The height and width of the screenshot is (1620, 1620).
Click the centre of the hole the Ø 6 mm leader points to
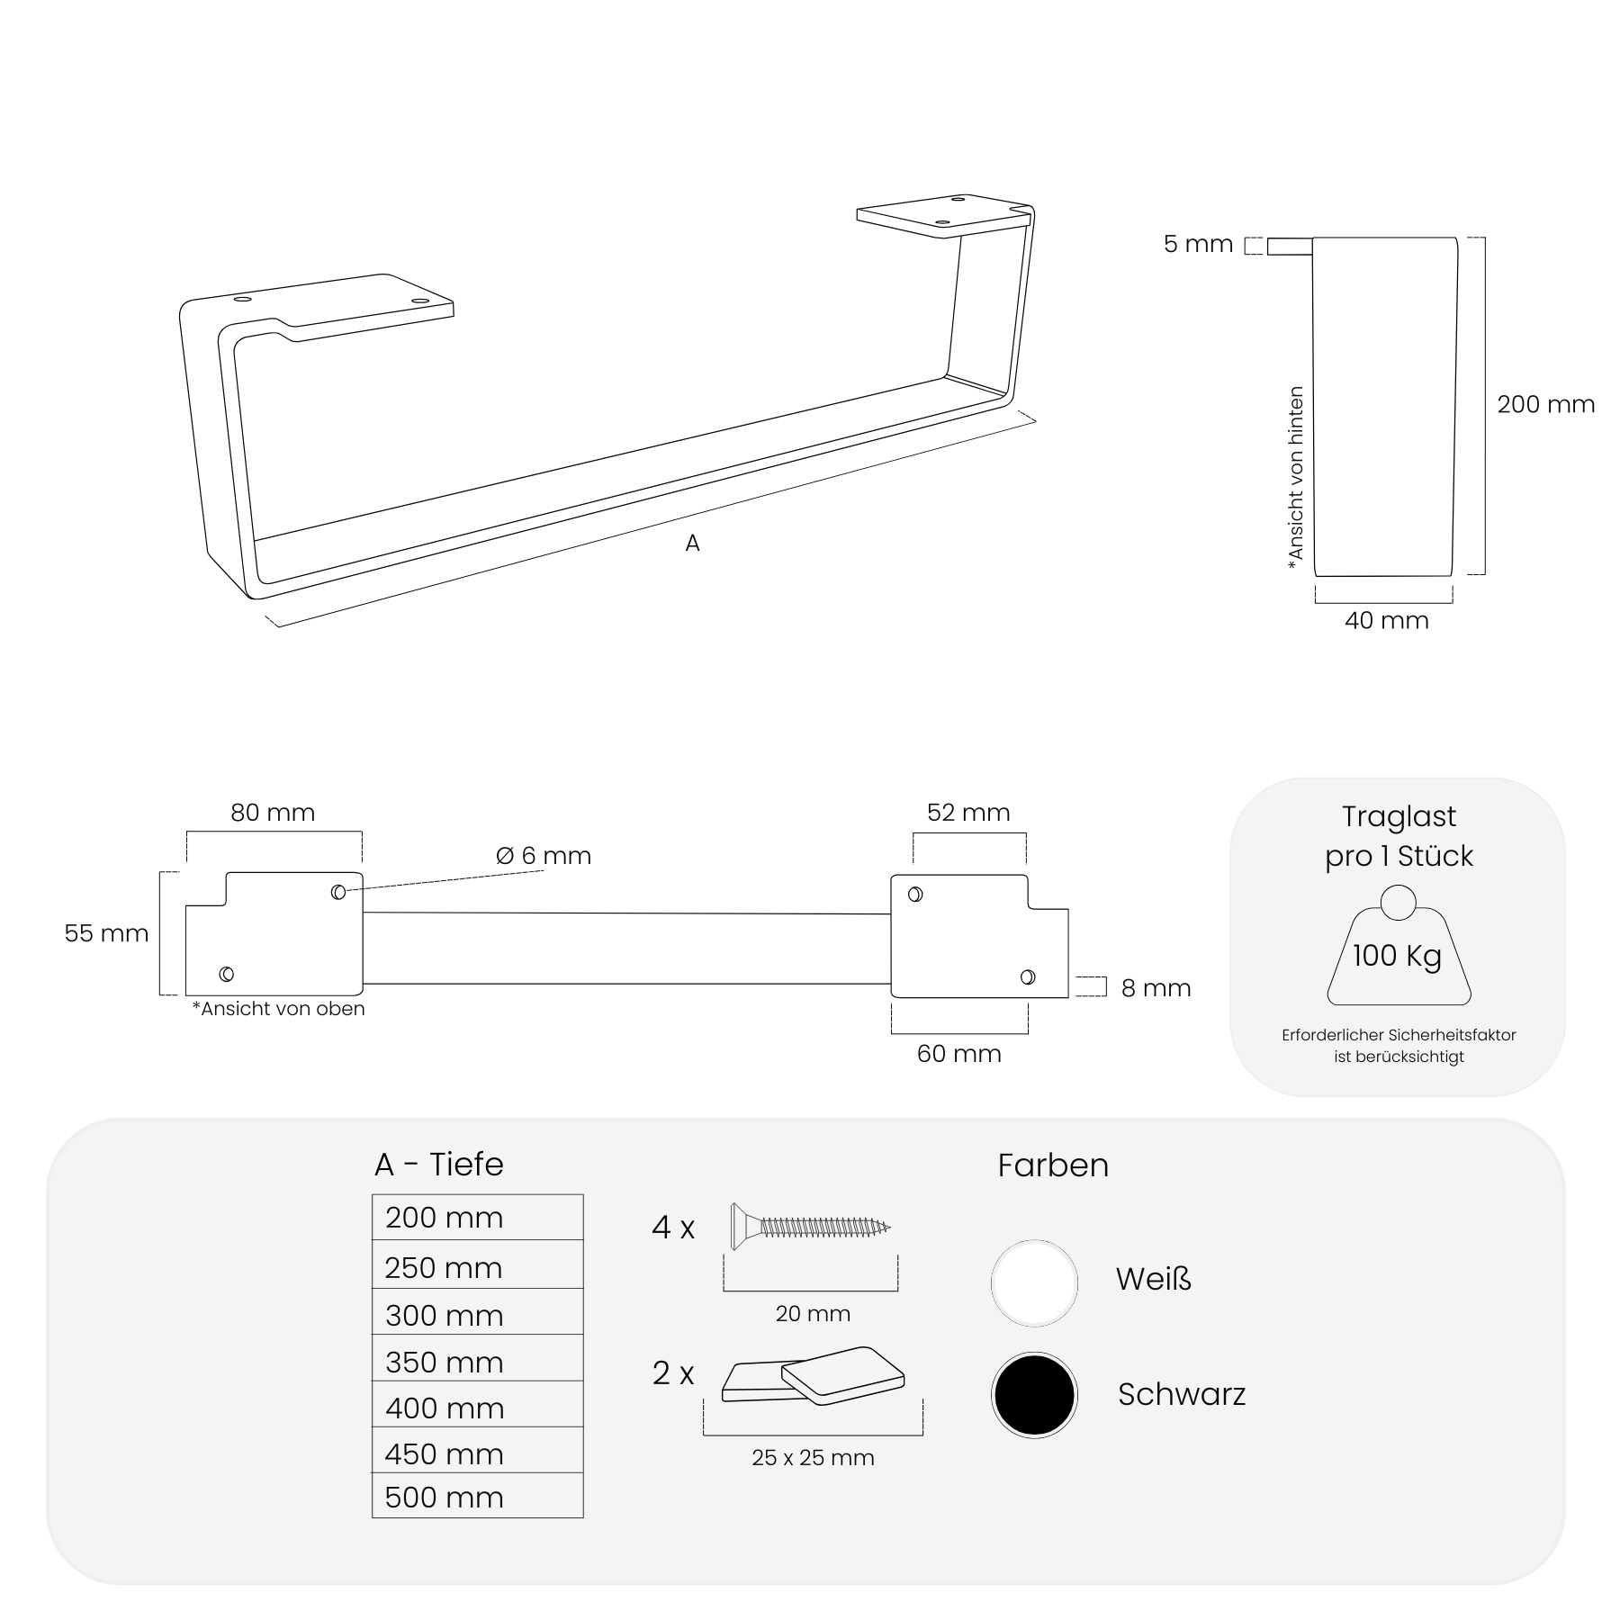(338, 892)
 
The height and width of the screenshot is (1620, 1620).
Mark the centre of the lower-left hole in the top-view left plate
(227, 974)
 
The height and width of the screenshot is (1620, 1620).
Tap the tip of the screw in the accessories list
(889, 1227)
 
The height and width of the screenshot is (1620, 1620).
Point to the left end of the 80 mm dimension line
(187, 832)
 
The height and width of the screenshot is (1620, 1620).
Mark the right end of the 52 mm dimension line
(1026, 834)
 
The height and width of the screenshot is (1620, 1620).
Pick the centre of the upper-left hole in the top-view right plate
(915, 895)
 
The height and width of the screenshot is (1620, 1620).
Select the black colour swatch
(1034, 1394)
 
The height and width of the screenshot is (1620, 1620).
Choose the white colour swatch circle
(1034, 1282)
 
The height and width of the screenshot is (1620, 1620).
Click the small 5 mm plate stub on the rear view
(1290, 246)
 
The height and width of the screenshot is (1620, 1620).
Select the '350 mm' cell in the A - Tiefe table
(478, 1361)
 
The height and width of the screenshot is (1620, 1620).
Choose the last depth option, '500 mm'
(478, 1496)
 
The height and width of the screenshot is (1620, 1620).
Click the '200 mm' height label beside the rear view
(1546, 404)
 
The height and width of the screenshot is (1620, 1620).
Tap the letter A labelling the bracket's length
(692, 543)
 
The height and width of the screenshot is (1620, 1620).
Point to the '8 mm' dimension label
(1156, 988)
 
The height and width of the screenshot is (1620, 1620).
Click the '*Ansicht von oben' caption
(278, 1009)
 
